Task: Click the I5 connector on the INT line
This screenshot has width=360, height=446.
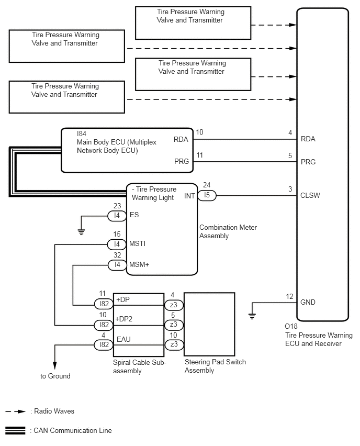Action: click(x=207, y=195)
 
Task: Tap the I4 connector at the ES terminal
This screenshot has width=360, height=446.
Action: click(x=117, y=216)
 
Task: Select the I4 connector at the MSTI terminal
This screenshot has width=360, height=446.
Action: click(x=117, y=244)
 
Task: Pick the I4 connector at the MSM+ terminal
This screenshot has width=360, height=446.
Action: click(x=117, y=265)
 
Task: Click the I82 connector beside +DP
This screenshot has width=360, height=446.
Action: click(x=104, y=304)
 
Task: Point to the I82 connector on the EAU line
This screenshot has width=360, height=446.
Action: click(x=104, y=345)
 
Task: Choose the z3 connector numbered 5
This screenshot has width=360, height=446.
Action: click(x=174, y=325)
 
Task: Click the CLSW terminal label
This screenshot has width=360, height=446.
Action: click(x=310, y=195)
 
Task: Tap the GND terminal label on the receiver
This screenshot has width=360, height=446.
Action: click(x=308, y=302)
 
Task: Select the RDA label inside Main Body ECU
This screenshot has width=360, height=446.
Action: click(x=181, y=139)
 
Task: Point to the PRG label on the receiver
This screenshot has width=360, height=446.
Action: click(x=308, y=162)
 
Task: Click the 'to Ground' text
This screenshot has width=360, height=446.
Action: click(x=55, y=376)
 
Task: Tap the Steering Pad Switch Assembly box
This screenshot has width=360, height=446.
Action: click(x=210, y=324)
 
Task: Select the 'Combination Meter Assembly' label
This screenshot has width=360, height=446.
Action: click(x=228, y=231)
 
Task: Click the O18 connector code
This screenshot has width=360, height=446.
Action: click(x=291, y=326)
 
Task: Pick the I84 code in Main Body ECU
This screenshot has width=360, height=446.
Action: click(x=82, y=133)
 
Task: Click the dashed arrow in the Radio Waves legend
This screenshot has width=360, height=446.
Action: click(x=16, y=411)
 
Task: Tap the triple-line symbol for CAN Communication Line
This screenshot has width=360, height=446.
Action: click(x=15, y=431)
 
